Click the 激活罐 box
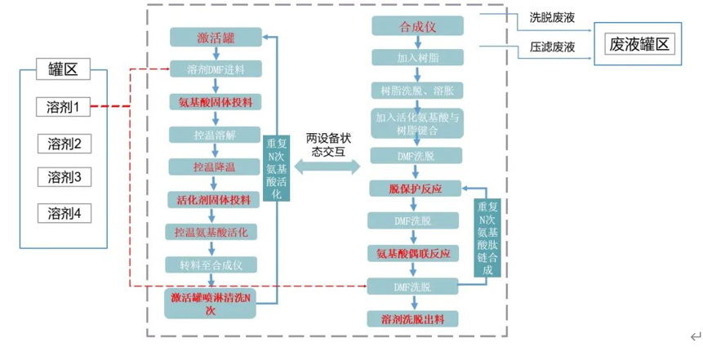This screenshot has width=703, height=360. [215, 38]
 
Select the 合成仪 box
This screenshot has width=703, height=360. [419, 27]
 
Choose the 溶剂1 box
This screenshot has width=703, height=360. [64, 106]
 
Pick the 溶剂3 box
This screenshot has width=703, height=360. [64, 177]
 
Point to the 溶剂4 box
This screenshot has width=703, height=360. [64, 214]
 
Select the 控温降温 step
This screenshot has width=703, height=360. [215, 167]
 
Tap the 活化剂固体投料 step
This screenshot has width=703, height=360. [215, 199]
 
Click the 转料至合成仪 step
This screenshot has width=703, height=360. [215, 264]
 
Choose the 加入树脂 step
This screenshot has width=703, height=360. [419, 58]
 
